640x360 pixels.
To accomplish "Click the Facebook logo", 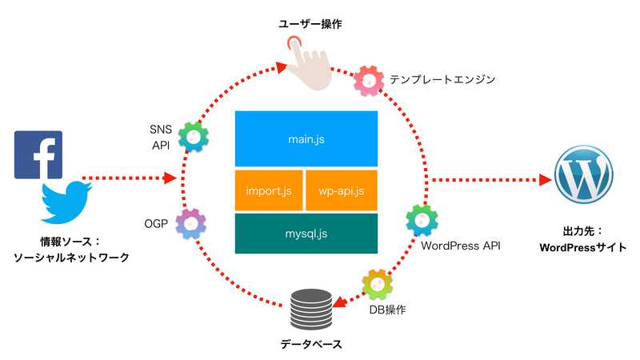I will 38,154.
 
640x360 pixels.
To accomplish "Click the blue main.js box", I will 306,138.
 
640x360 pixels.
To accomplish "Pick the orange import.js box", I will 268,190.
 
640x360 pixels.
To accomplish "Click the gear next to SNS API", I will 193,137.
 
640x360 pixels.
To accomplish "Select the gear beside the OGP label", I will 191,224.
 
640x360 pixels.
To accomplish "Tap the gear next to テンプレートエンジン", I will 369,78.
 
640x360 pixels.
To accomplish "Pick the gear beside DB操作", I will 376,284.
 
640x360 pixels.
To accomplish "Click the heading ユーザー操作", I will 310,25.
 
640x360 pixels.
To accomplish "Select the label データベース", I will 311,344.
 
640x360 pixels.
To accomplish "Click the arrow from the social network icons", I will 128,178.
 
